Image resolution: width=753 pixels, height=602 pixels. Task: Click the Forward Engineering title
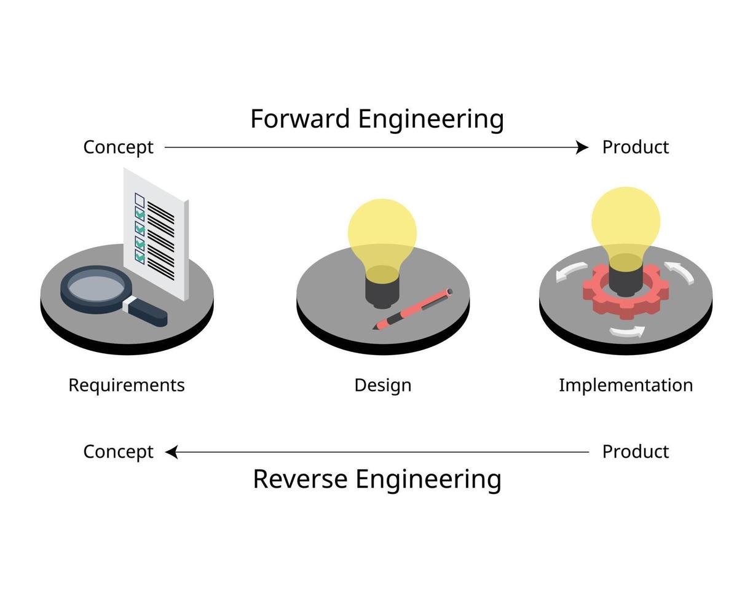pyautogui.click(x=377, y=119)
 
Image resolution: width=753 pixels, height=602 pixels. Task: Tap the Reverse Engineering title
pyautogui.click(x=377, y=479)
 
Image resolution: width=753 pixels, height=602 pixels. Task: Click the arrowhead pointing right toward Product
pyautogui.click(x=582, y=147)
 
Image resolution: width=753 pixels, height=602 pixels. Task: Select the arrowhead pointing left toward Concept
pyautogui.click(x=172, y=452)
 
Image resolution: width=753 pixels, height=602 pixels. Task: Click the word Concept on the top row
pyautogui.click(x=118, y=147)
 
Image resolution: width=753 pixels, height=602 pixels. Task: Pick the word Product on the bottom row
pyautogui.click(x=635, y=452)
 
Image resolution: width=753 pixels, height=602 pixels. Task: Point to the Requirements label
pyautogui.click(x=127, y=386)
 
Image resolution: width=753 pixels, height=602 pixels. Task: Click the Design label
pyautogui.click(x=382, y=386)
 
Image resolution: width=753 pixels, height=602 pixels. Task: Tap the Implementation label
pyautogui.click(x=626, y=386)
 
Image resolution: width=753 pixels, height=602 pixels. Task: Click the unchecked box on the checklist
pyautogui.click(x=140, y=200)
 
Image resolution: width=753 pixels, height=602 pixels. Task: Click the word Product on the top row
pyautogui.click(x=635, y=147)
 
